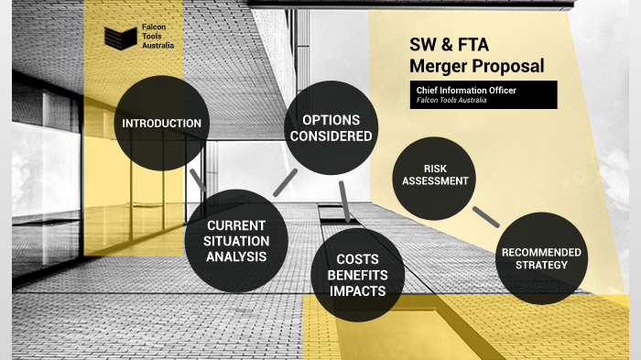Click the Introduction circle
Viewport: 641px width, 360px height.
click(x=161, y=123)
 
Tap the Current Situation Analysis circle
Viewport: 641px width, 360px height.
click(x=236, y=240)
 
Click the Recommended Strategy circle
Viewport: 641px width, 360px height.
click(x=540, y=257)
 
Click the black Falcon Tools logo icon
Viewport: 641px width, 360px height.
click(x=119, y=38)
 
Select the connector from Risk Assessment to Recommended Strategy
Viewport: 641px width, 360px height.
click(x=485, y=215)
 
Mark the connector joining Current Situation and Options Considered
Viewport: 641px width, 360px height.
click(x=285, y=181)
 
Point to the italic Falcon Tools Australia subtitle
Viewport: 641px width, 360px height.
click(x=451, y=100)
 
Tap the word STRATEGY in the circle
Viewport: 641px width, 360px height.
click(x=541, y=266)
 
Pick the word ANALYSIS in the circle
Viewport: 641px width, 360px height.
click(x=236, y=256)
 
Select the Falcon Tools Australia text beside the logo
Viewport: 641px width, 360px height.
click(x=157, y=38)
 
